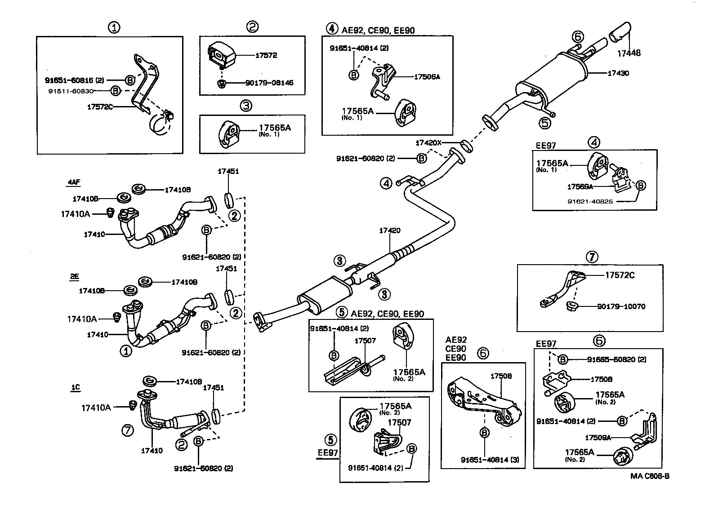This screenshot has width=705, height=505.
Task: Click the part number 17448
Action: tap(629, 53)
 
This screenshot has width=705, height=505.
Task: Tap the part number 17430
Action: tap(619, 73)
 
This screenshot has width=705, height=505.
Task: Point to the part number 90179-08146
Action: tap(269, 83)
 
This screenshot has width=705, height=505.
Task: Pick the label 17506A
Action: tap(427, 77)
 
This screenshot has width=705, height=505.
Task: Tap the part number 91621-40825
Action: tap(590, 202)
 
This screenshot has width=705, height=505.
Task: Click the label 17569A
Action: tap(580, 186)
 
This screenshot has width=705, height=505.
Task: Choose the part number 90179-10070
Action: tap(621, 306)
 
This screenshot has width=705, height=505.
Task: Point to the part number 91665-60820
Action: tap(616, 359)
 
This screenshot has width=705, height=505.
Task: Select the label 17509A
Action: tap(598, 437)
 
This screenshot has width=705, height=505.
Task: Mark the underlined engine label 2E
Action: tap(74, 277)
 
